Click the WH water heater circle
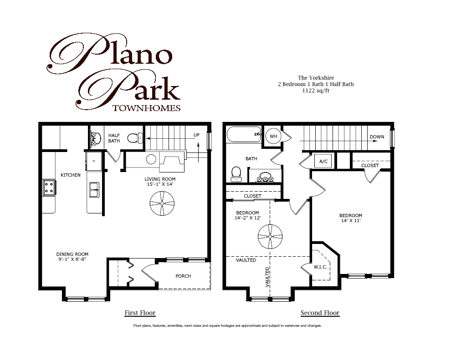[x=274, y=136]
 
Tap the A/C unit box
[x=323, y=161]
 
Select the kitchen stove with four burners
[x=49, y=187]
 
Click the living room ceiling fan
[x=161, y=203]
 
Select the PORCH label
[x=183, y=276]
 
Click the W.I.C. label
[x=320, y=266]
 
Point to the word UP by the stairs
[x=196, y=136]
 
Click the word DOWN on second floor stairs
[x=377, y=137]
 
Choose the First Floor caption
[x=140, y=313]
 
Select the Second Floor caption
[x=320, y=313]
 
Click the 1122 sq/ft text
[x=316, y=90]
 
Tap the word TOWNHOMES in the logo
[x=146, y=108]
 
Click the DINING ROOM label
[x=72, y=254]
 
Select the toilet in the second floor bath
[x=236, y=174]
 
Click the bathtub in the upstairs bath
[x=243, y=135]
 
